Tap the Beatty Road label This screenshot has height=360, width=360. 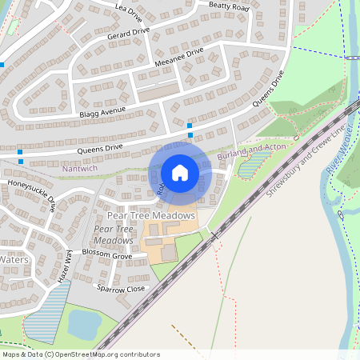[230, 6]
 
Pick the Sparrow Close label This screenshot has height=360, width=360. [121, 288]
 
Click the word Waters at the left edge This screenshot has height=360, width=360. [14, 260]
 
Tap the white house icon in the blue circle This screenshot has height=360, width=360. [180, 172]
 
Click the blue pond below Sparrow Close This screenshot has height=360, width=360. [85, 324]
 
